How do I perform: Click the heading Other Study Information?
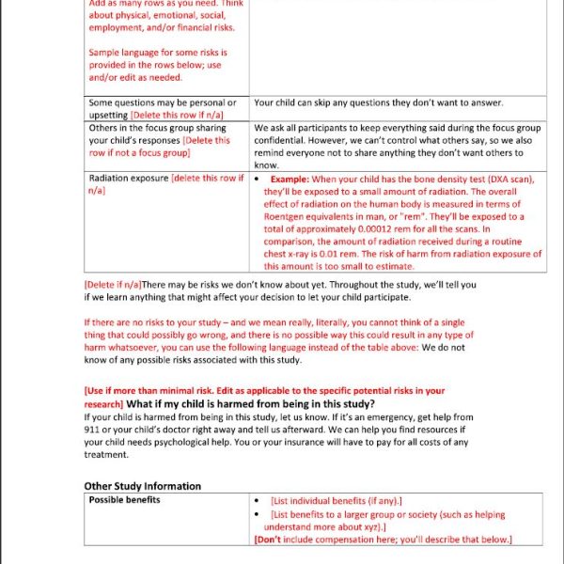click(x=142, y=486)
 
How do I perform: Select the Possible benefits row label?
click(x=124, y=499)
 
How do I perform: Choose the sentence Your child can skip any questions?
click(x=378, y=102)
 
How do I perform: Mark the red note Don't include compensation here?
click(x=383, y=540)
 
